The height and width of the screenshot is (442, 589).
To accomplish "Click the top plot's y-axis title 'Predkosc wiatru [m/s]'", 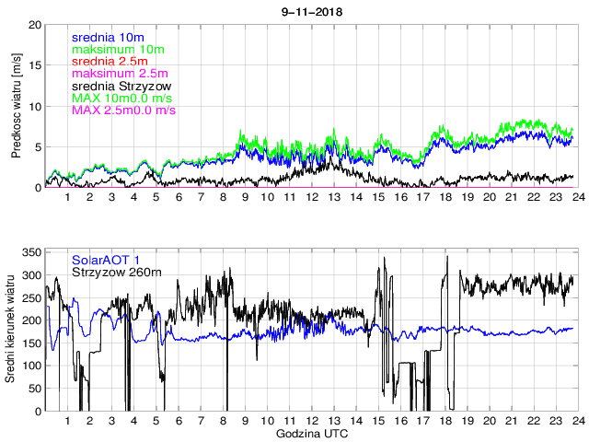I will click(x=17, y=106).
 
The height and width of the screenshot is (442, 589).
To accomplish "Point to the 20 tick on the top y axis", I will click(x=35, y=24).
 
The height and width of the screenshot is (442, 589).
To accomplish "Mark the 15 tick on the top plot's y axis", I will click(x=35, y=65).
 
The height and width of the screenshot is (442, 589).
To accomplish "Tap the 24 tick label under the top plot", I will click(x=575, y=197).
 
